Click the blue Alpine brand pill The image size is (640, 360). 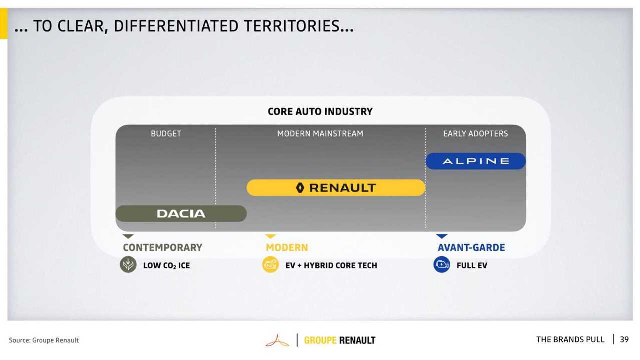pyautogui.click(x=475, y=161)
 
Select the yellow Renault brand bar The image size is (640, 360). pyautogui.click(x=336, y=188)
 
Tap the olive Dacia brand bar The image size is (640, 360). pyautogui.click(x=181, y=214)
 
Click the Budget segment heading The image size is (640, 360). pyautogui.click(x=166, y=134)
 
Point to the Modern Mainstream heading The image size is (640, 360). pyautogui.click(x=320, y=134)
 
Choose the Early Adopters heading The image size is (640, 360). pyautogui.click(x=475, y=134)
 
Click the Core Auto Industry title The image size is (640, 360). pyautogui.click(x=320, y=111)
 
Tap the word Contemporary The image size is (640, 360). pyautogui.click(x=162, y=248)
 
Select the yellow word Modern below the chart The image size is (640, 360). pyautogui.click(x=287, y=248)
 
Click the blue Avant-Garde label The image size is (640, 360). pyautogui.click(x=471, y=248)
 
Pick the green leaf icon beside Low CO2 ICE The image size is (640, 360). pyautogui.click(x=128, y=265)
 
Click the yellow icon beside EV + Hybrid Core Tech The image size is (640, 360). pyautogui.click(x=270, y=265)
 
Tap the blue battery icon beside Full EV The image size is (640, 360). pyautogui.click(x=442, y=265)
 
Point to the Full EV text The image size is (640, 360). pyautogui.click(x=472, y=266)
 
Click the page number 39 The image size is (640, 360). pyautogui.click(x=624, y=340)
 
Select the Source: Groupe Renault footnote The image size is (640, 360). pyautogui.click(x=44, y=340)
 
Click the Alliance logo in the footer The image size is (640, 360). pyautogui.click(x=277, y=341)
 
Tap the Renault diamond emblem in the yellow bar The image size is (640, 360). pyautogui.click(x=300, y=188)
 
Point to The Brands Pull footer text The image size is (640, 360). pyautogui.click(x=570, y=340)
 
